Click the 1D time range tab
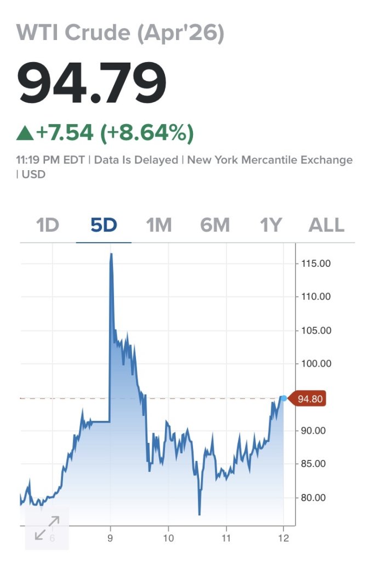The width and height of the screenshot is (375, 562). (x=48, y=226)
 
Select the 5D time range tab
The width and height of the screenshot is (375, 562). (x=104, y=226)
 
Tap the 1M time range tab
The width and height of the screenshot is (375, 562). (x=159, y=226)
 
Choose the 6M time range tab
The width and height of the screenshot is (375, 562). (x=215, y=226)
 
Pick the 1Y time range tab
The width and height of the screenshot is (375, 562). (x=271, y=226)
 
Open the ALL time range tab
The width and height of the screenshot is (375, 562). (x=327, y=226)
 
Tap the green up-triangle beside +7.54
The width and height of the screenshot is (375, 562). (x=25, y=132)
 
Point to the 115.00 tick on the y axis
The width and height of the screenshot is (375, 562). (x=316, y=263)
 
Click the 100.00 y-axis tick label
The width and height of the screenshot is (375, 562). (x=316, y=364)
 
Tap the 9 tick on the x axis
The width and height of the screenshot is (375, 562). (x=111, y=538)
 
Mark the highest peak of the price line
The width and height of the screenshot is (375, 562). (x=111, y=254)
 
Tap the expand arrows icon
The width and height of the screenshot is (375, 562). (x=47, y=527)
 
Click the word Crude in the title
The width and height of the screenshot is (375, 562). (x=96, y=33)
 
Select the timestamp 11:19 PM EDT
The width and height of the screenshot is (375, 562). (x=50, y=160)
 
